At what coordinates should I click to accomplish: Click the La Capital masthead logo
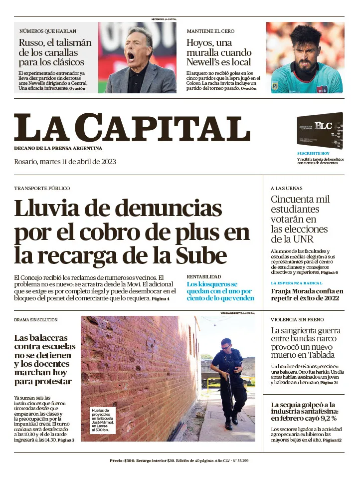click(x=132, y=128)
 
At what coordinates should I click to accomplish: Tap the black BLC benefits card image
click(x=320, y=130)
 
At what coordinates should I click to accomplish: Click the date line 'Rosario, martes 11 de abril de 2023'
click(x=65, y=162)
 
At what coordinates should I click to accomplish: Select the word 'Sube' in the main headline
click(x=201, y=256)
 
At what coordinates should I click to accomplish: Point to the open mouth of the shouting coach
click(x=132, y=55)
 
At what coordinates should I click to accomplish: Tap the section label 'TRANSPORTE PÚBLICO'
click(x=42, y=189)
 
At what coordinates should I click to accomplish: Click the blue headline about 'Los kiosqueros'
click(x=219, y=291)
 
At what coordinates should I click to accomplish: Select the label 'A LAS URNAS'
click(x=286, y=189)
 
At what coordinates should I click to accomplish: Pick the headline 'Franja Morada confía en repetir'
click(x=307, y=294)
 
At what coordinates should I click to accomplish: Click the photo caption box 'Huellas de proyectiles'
click(x=104, y=420)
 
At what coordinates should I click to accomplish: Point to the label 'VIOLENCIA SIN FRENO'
click(x=297, y=319)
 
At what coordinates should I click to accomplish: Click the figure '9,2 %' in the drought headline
click(x=327, y=418)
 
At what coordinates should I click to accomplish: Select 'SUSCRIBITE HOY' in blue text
click(x=313, y=153)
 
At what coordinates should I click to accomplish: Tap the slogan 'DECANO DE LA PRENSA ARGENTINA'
click(x=58, y=148)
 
